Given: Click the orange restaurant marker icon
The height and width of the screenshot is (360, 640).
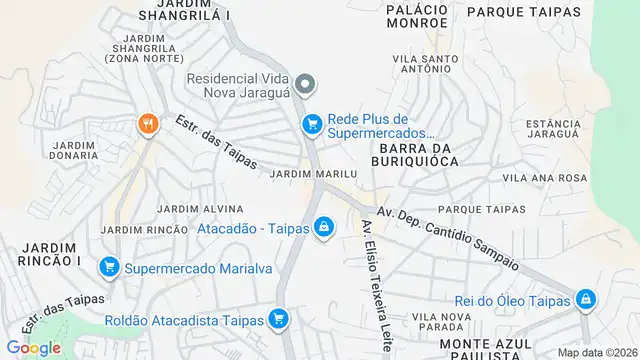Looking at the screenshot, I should point(148,124).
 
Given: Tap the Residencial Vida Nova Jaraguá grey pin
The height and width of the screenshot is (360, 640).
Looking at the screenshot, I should point(308,83).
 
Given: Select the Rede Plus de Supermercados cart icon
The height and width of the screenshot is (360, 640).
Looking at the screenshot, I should point(312,123).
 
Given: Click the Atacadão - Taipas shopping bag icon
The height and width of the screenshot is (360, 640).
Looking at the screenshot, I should point(324,229).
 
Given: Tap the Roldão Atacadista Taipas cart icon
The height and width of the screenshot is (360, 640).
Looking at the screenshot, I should point(279,320).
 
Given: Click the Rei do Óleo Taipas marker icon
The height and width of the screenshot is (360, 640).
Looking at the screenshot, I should point(585,299).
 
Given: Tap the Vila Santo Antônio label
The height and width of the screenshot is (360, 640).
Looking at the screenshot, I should point(426,65).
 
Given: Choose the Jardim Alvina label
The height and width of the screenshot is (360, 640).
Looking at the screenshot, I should point(200,209).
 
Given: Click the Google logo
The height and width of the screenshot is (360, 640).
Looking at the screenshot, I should point(32,347).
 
